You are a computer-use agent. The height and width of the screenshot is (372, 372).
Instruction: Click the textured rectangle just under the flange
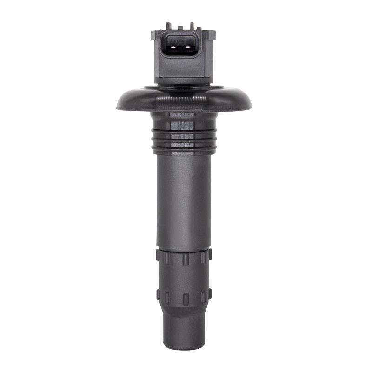point(182,114)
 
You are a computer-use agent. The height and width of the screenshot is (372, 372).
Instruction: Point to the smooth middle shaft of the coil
point(183,200)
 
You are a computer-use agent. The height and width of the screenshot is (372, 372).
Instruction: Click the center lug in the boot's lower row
point(185,299)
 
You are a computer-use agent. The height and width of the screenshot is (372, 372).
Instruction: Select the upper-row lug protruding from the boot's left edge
point(158,255)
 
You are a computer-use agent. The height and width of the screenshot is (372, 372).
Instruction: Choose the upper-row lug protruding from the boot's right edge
point(209,255)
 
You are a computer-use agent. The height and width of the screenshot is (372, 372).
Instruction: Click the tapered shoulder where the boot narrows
point(183,314)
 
